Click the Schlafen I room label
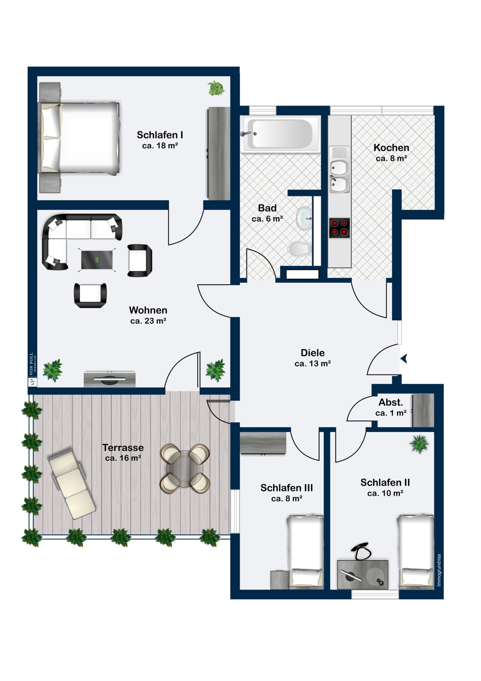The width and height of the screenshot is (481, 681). [160, 135]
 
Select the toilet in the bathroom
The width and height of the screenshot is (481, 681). [299, 250]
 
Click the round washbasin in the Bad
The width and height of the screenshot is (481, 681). [304, 218]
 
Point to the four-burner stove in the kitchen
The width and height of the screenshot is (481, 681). [339, 228]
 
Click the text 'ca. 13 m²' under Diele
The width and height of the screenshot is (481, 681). [313, 363]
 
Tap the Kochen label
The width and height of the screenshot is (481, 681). [391, 148]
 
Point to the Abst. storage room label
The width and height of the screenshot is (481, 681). [390, 402]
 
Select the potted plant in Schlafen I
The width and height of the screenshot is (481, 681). [216, 89]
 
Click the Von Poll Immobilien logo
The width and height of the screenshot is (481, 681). [33, 370]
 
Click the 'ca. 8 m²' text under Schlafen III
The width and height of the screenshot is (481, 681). [286, 498]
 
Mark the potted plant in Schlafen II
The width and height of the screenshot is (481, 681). [419, 444]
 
